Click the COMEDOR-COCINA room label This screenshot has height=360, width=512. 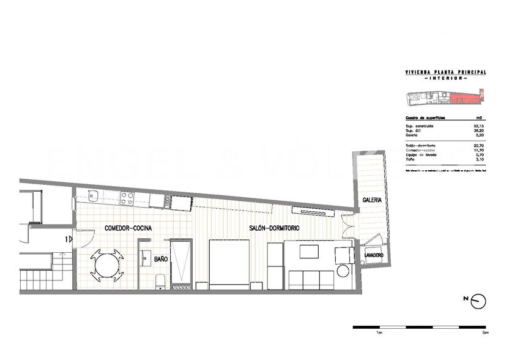pos(128,228)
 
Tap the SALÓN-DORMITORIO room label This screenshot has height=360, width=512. pos(274,228)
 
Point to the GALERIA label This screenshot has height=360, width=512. pos(372,200)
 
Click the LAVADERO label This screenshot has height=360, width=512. pos(373,255)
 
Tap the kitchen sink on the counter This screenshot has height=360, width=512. pos(94,197)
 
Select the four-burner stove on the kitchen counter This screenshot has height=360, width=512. pos(127,198)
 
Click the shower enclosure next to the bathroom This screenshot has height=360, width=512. pos(181,263)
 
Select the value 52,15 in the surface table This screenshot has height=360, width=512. pos(470,126)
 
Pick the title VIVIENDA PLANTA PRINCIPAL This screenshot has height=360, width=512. pos(445,72)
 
